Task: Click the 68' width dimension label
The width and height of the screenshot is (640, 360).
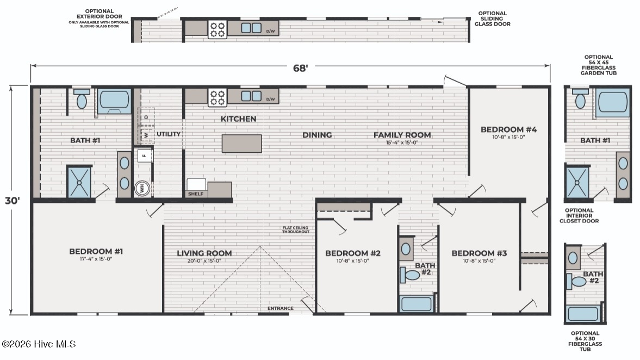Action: pos(300,68)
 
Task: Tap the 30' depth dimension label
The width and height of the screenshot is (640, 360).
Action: pos(13,201)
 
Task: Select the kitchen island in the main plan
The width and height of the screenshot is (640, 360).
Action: pos(241,144)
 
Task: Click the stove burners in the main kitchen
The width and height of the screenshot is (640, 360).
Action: pos(217,98)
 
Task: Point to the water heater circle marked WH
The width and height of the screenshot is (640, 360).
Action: pos(142,188)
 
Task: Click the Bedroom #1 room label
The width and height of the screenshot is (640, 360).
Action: pos(96,251)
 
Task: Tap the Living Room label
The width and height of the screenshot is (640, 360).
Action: pos(204,253)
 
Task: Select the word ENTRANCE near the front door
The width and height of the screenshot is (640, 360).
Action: pos(281,308)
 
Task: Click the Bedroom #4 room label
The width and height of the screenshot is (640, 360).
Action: pos(508,129)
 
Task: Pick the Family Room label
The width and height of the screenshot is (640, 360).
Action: pos(402,135)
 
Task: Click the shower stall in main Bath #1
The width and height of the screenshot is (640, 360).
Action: pos(79,183)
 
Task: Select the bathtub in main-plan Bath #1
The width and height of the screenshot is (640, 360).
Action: pos(114,101)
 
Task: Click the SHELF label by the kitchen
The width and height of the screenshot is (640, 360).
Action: pos(196,194)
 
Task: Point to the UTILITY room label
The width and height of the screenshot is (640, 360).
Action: pos(169,134)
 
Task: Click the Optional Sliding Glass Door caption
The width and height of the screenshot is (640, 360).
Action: pos(492,19)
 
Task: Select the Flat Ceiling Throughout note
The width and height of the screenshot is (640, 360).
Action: pos(295,230)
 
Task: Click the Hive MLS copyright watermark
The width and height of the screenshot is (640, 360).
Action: pos(39,344)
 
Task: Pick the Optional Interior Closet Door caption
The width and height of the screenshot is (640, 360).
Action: pos(579,215)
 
